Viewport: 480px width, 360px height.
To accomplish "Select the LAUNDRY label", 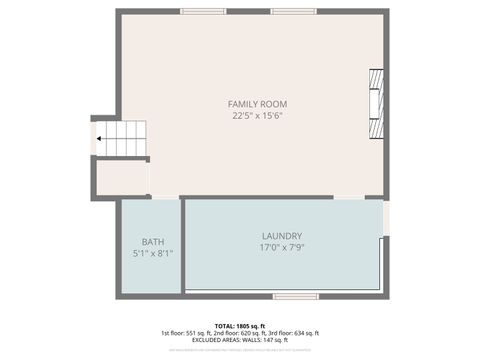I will pyautogui.click(x=282, y=236).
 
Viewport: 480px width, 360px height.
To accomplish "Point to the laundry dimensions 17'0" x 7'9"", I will pyautogui.click(x=282, y=248).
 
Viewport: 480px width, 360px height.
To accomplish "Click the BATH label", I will pyautogui.click(x=153, y=242).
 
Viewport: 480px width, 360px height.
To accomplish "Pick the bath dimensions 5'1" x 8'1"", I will pyautogui.click(x=153, y=254).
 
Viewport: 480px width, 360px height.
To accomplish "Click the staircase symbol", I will pyautogui.click(x=125, y=139).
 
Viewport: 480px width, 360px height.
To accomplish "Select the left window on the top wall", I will pyautogui.click(x=202, y=12).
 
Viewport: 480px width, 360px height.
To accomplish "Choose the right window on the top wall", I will pyautogui.click(x=293, y=12).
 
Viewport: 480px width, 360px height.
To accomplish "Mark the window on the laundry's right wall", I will pyautogui.click(x=386, y=217).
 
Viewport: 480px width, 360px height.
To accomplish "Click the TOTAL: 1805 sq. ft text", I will pyautogui.click(x=240, y=326).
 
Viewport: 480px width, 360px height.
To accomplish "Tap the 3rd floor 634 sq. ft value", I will pyautogui.click(x=297, y=333).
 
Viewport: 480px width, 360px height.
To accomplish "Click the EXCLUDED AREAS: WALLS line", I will pyautogui.click(x=240, y=340).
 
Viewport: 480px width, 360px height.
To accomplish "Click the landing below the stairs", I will pyautogui.click(x=122, y=177).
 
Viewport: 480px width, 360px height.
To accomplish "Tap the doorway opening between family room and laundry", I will pyautogui.click(x=348, y=197).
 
